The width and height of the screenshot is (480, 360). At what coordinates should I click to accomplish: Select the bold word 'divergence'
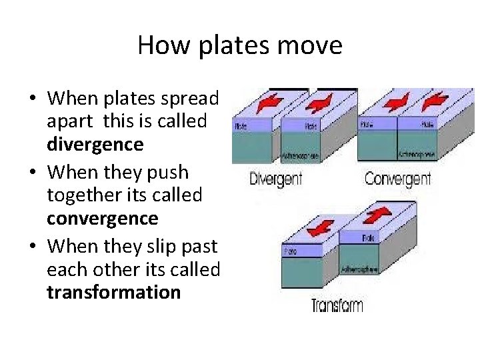(x=95, y=144)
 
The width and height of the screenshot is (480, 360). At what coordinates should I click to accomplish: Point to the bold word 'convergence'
(x=103, y=218)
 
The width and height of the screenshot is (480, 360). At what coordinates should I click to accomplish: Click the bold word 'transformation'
(x=114, y=292)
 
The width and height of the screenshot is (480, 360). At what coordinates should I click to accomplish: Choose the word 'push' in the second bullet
(x=169, y=173)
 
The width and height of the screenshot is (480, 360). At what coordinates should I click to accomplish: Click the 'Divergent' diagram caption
(x=275, y=179)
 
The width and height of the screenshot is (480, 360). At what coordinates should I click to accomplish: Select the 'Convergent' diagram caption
(x=398, y=179)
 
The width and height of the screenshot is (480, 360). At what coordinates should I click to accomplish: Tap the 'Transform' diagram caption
(x=337, y=305)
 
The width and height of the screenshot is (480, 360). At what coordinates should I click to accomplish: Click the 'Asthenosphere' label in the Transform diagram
(x=360, y=269)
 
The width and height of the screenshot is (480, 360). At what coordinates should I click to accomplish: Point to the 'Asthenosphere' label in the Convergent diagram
(x=417, y=153)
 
